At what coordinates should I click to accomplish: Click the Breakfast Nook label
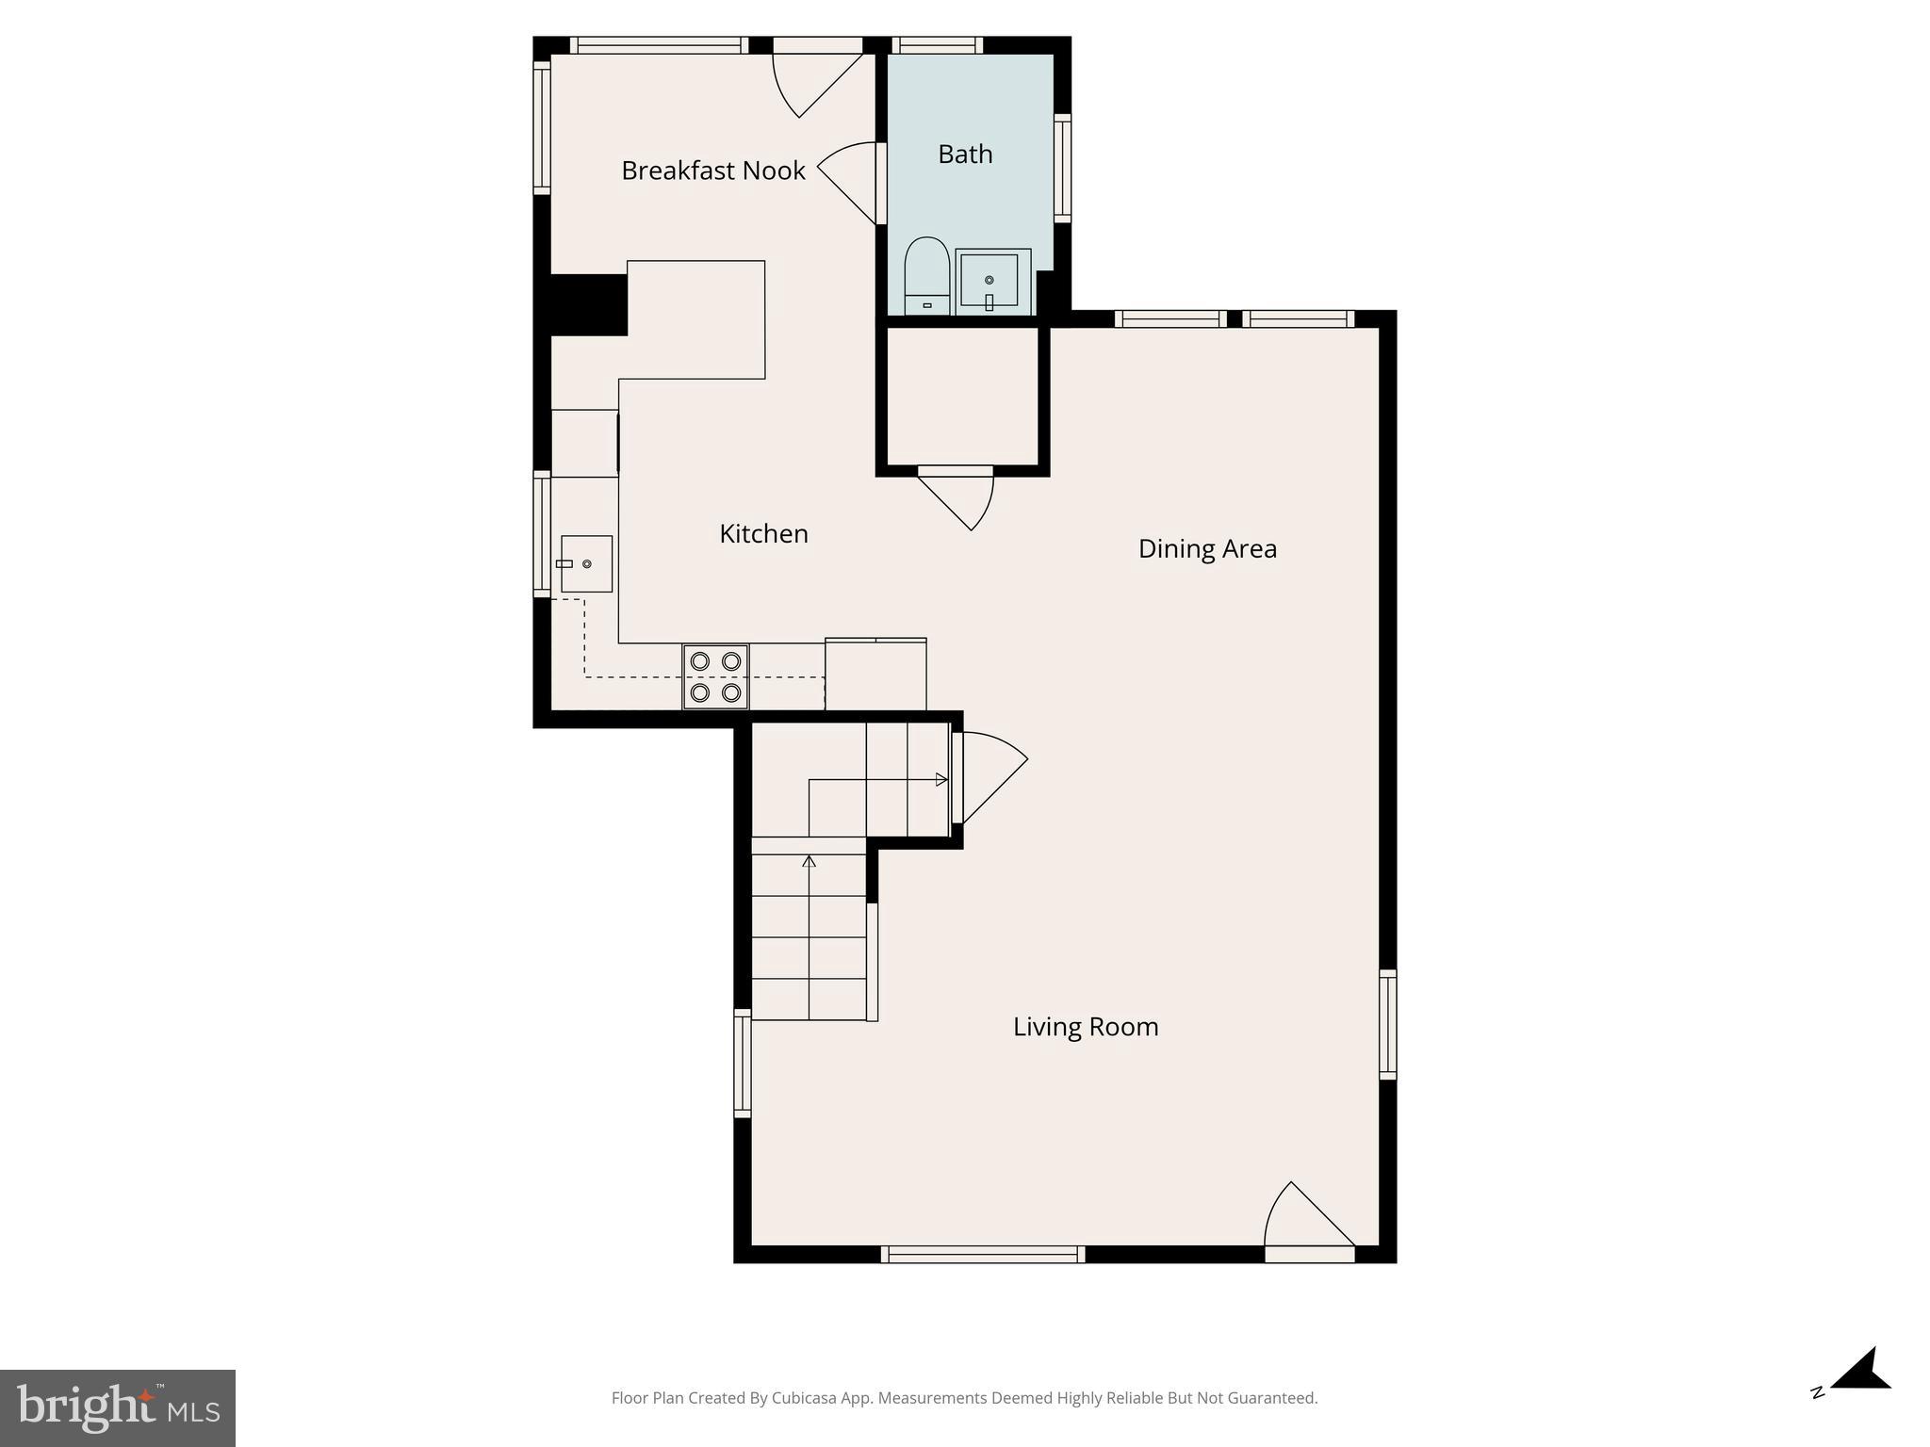click(713, 171)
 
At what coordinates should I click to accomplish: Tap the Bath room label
click(965, 154)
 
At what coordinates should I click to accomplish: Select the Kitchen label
click(763, 534)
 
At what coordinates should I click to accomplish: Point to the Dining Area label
click(1207, 548)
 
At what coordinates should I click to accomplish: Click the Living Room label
click(1086, 1026)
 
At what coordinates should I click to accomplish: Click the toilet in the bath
click(926, 275)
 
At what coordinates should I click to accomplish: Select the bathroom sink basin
click(990, 280)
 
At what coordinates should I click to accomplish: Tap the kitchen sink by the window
click(586, 563)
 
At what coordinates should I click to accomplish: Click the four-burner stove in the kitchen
click(716, 676)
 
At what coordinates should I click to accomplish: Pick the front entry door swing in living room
click(1305, 1220)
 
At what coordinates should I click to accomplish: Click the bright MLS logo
click(118, 1407)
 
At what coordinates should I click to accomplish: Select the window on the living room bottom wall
click(983, 1254)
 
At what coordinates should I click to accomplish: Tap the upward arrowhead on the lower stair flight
click(809, 861)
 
